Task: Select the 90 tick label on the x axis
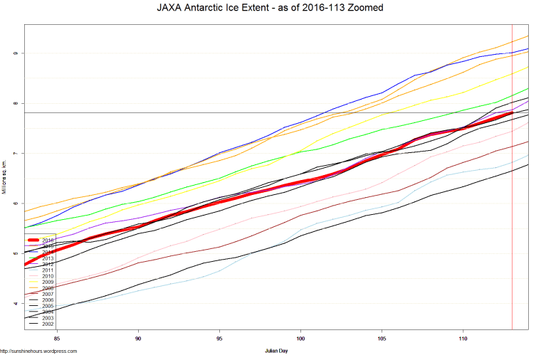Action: [138, 339]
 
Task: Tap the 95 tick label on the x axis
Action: [219, 339]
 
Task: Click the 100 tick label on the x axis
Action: [301, 339]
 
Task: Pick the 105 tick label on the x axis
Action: [382, 339]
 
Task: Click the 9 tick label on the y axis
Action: [14, 53]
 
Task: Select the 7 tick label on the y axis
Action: [14, 154]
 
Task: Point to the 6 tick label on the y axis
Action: [14, 203]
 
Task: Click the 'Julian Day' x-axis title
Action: [276, 351]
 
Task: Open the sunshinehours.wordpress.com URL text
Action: [38, 351]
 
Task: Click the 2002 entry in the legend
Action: [48, 324]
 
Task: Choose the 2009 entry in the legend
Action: [48, 282]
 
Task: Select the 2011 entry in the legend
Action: [48, 270]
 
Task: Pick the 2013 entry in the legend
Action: [48, 258]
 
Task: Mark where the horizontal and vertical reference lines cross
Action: [512, 113]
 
